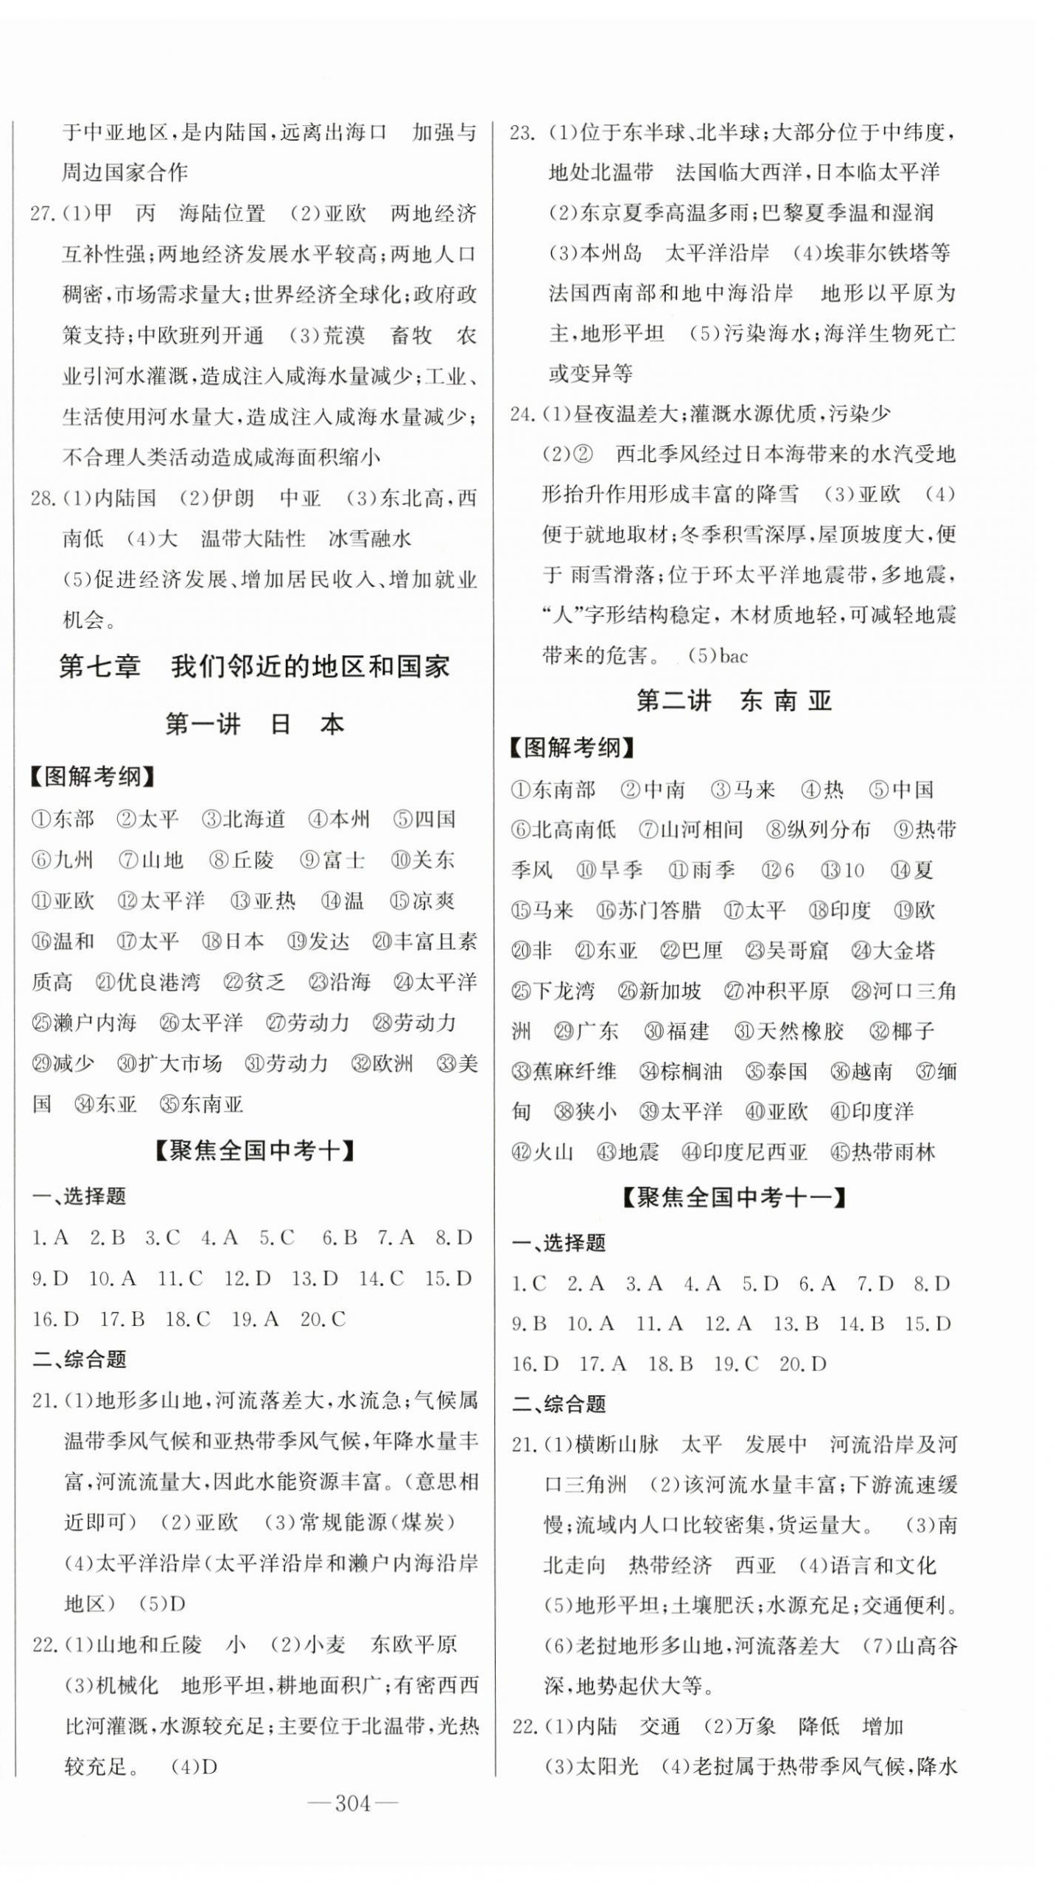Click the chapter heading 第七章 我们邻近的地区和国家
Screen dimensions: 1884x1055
[254, 667]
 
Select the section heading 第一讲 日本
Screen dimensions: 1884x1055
[254, 724]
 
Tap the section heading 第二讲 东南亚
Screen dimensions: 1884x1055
[734, 700]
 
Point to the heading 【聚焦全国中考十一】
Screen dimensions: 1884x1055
[734, 1198]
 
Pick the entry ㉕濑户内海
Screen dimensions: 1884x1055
[84, 1023]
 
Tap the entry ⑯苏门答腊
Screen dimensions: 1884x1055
[649, 911]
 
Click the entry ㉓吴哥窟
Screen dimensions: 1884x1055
[788, 950]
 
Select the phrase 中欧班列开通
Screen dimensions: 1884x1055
[200, 336]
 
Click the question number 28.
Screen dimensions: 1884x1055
[43, 498]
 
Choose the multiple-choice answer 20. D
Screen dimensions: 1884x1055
[803, 1364]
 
